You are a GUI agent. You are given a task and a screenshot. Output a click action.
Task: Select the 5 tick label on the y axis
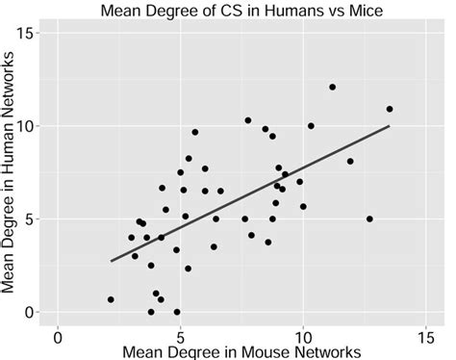[x=38, y=219]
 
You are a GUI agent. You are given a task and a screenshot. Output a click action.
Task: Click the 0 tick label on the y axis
[x=38, y=312]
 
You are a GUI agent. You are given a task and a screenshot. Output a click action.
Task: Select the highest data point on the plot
[x=332, y=88]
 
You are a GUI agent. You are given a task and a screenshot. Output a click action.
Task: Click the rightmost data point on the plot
[x=389, y=109]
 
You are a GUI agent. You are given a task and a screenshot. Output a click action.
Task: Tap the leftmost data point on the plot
[x=111, y=299]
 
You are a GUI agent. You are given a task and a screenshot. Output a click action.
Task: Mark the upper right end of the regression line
[x=389, y=126]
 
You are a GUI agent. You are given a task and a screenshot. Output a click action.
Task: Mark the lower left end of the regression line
[x=112, y=261]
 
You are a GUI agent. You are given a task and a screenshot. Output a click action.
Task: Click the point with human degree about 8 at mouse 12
[x=350, y=162]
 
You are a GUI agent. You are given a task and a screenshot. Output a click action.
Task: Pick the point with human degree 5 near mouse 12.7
[x=369, y=219]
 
